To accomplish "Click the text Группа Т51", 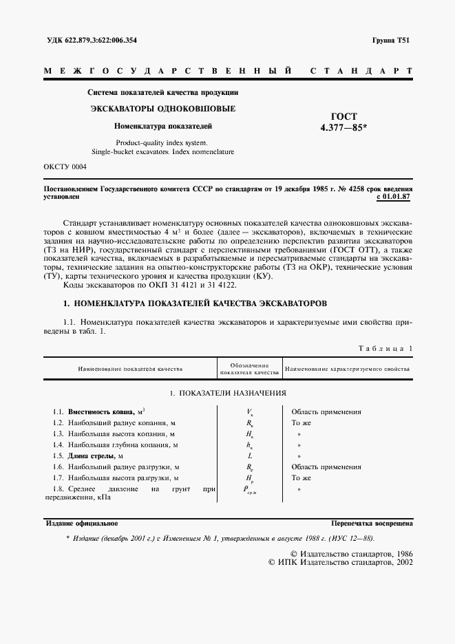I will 393,40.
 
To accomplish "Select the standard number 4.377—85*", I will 343,127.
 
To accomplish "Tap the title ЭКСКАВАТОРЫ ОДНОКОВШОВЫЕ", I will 163,109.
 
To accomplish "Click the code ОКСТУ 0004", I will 65,167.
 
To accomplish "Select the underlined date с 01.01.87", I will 394,197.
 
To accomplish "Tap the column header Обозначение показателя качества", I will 248,369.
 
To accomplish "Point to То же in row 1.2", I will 301,423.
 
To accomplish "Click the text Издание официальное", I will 81,523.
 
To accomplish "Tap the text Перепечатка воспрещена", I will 372,523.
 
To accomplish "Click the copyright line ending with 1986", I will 351,553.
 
